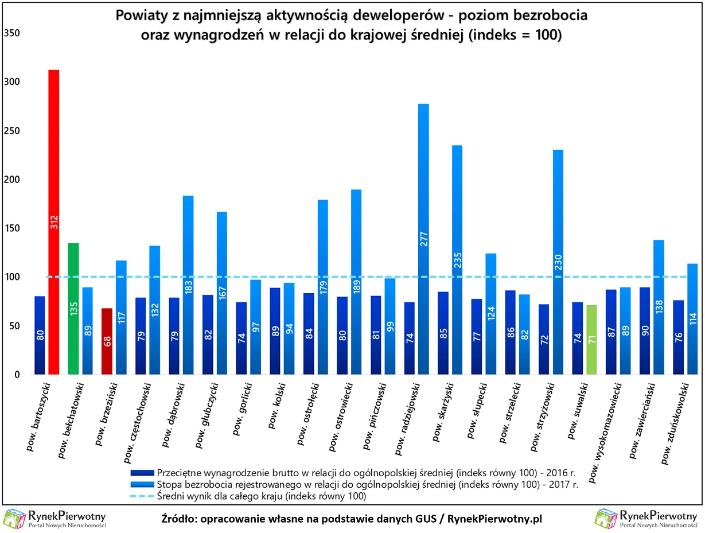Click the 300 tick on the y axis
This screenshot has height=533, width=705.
coord(13,82)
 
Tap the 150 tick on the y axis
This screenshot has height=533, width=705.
coord(13,228)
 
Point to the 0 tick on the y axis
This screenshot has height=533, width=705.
coord(17,375)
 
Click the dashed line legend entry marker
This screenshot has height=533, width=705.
coord(142,496)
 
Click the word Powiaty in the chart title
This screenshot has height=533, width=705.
coord(138,15)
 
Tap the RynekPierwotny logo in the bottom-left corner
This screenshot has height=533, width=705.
coord(54,519)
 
